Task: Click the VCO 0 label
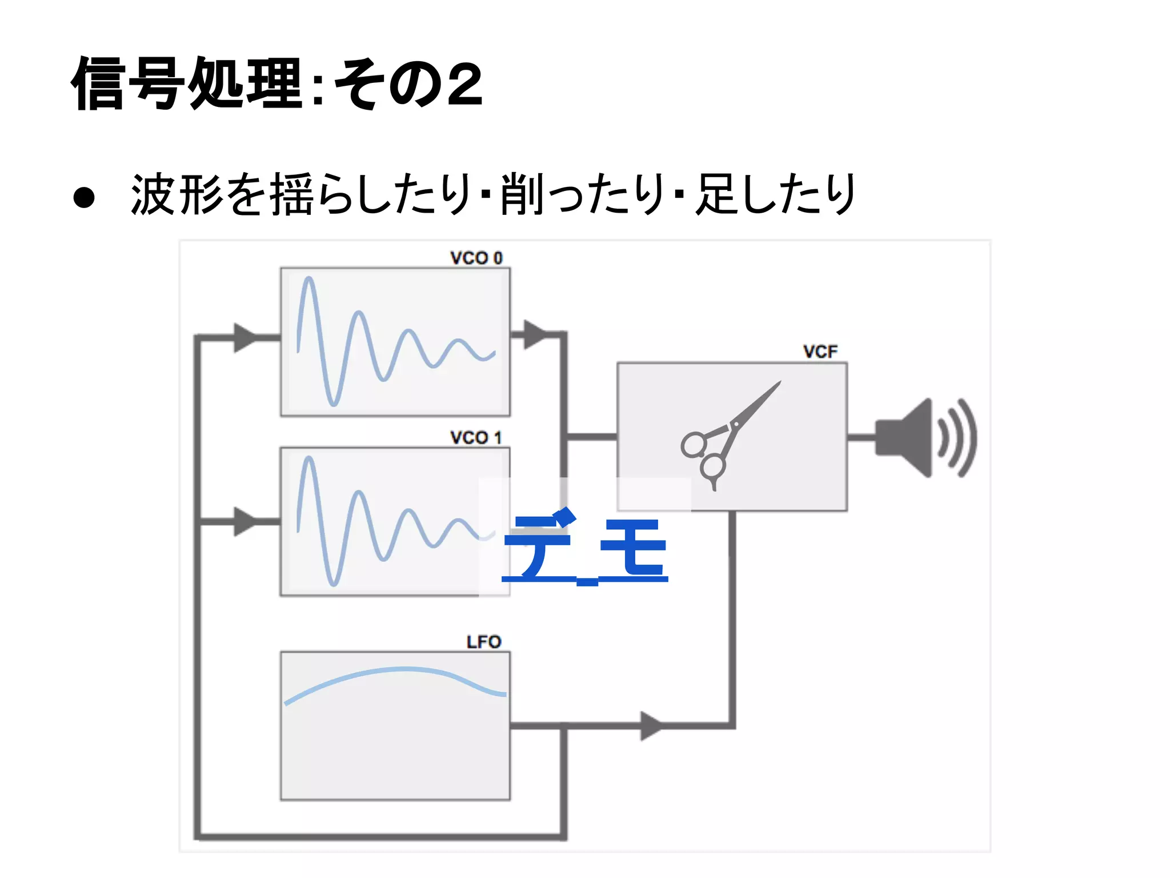[476, 258]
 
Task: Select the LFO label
[483, 642]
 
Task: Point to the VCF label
[820, 352]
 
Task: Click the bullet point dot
[84, 197]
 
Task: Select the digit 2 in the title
[464, 85]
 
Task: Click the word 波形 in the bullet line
[177, 195]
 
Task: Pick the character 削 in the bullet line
[522, 195]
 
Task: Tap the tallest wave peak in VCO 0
[309, 280]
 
